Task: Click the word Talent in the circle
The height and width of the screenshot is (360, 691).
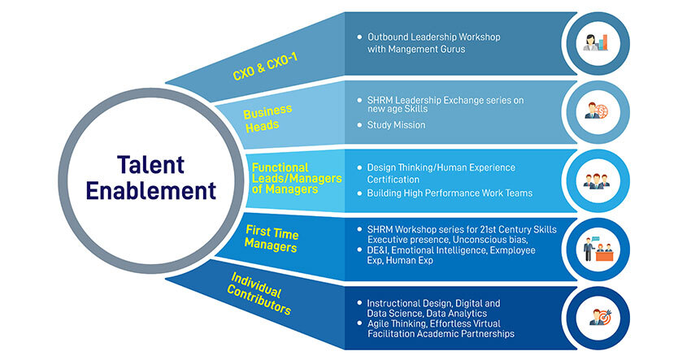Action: point(150,165)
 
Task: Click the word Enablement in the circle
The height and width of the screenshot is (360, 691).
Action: point(150,191)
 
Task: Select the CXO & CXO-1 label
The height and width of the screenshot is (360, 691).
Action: point(265,67)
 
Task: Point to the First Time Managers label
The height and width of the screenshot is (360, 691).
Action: point(272,238)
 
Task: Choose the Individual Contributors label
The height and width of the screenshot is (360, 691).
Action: point(259,293)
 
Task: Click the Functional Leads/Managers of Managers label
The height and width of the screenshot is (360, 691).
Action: point(297,179)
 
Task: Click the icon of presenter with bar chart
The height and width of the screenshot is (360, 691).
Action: point(598,43)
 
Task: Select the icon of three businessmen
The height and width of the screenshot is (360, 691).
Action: point(597,181)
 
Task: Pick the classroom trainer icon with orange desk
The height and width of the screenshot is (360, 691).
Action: point(598,249)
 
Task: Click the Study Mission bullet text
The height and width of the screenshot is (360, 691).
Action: point(396,125)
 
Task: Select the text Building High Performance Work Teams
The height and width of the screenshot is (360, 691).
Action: point(450,193)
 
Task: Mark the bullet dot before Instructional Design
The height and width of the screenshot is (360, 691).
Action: point(359,303)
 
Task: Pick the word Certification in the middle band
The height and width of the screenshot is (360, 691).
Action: point(393,180)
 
